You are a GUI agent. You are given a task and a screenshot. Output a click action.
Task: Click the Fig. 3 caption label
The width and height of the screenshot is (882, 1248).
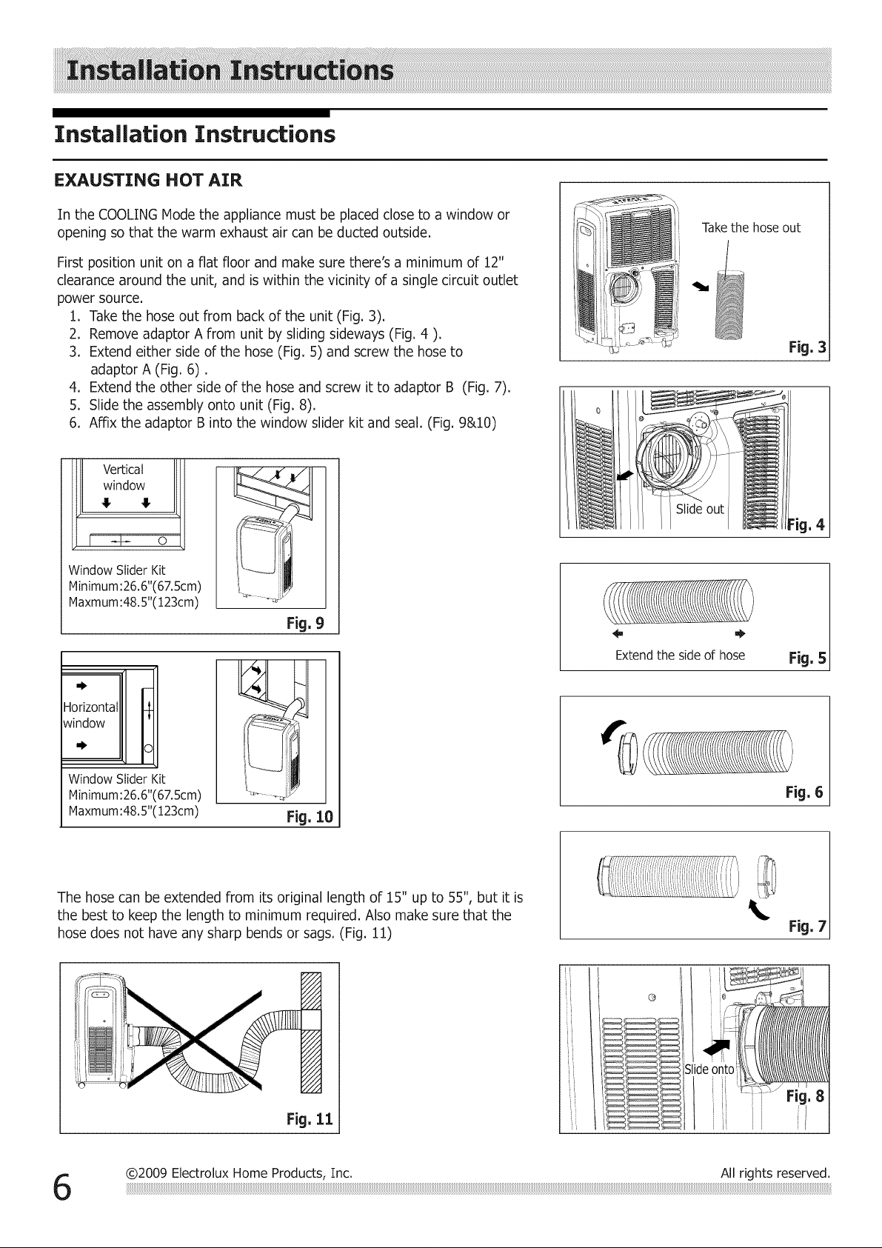coord(807,347)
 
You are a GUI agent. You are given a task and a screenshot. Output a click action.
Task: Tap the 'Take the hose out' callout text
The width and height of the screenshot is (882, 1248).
coord(750,228)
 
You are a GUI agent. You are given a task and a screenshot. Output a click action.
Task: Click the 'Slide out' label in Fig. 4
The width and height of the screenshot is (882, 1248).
coord(699,509)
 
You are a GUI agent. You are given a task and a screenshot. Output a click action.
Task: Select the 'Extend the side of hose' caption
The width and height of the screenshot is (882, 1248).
coord(680,655)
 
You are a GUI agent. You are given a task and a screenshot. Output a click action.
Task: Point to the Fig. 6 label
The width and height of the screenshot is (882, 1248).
coord(804,792)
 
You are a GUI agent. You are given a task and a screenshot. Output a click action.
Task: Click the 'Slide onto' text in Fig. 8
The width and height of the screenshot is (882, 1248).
coord(709,1070)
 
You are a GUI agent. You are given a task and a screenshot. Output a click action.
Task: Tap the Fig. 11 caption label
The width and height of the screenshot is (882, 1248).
coord(310,1118)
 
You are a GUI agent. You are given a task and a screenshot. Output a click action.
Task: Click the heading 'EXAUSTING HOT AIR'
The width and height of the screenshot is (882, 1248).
coord(148,181)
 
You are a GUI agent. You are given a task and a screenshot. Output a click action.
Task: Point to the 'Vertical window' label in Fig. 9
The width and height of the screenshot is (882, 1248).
coord(124,478)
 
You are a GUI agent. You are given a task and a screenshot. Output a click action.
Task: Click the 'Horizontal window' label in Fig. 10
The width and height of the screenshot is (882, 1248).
coord(90,715)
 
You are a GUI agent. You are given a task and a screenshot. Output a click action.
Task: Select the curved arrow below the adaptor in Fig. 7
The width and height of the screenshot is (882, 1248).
coord(758,910)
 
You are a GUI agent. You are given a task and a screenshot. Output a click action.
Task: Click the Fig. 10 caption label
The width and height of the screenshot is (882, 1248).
coord(310,817)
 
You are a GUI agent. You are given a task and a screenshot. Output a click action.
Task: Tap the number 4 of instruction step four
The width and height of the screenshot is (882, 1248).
coord(73,387)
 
